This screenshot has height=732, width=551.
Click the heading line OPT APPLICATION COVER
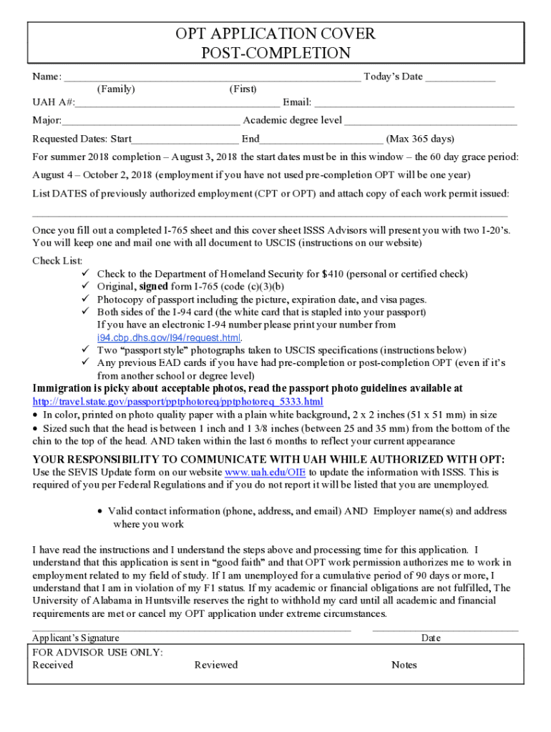tap(275, 34)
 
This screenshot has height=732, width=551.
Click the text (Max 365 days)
tap(420, 139)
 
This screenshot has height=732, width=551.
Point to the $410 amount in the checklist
tap(333, 274)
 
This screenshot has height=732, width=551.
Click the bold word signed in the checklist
tap(153, 287)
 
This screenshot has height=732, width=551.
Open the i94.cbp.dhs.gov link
tap(169, 337)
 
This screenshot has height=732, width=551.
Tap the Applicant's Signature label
tap(76, 638)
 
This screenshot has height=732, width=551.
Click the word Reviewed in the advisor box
tap(216, 665)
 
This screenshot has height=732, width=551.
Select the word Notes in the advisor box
tap(404, 665)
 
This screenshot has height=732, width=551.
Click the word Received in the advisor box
tap(53, 665)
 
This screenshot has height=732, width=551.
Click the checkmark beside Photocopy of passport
tap(83, 300)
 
